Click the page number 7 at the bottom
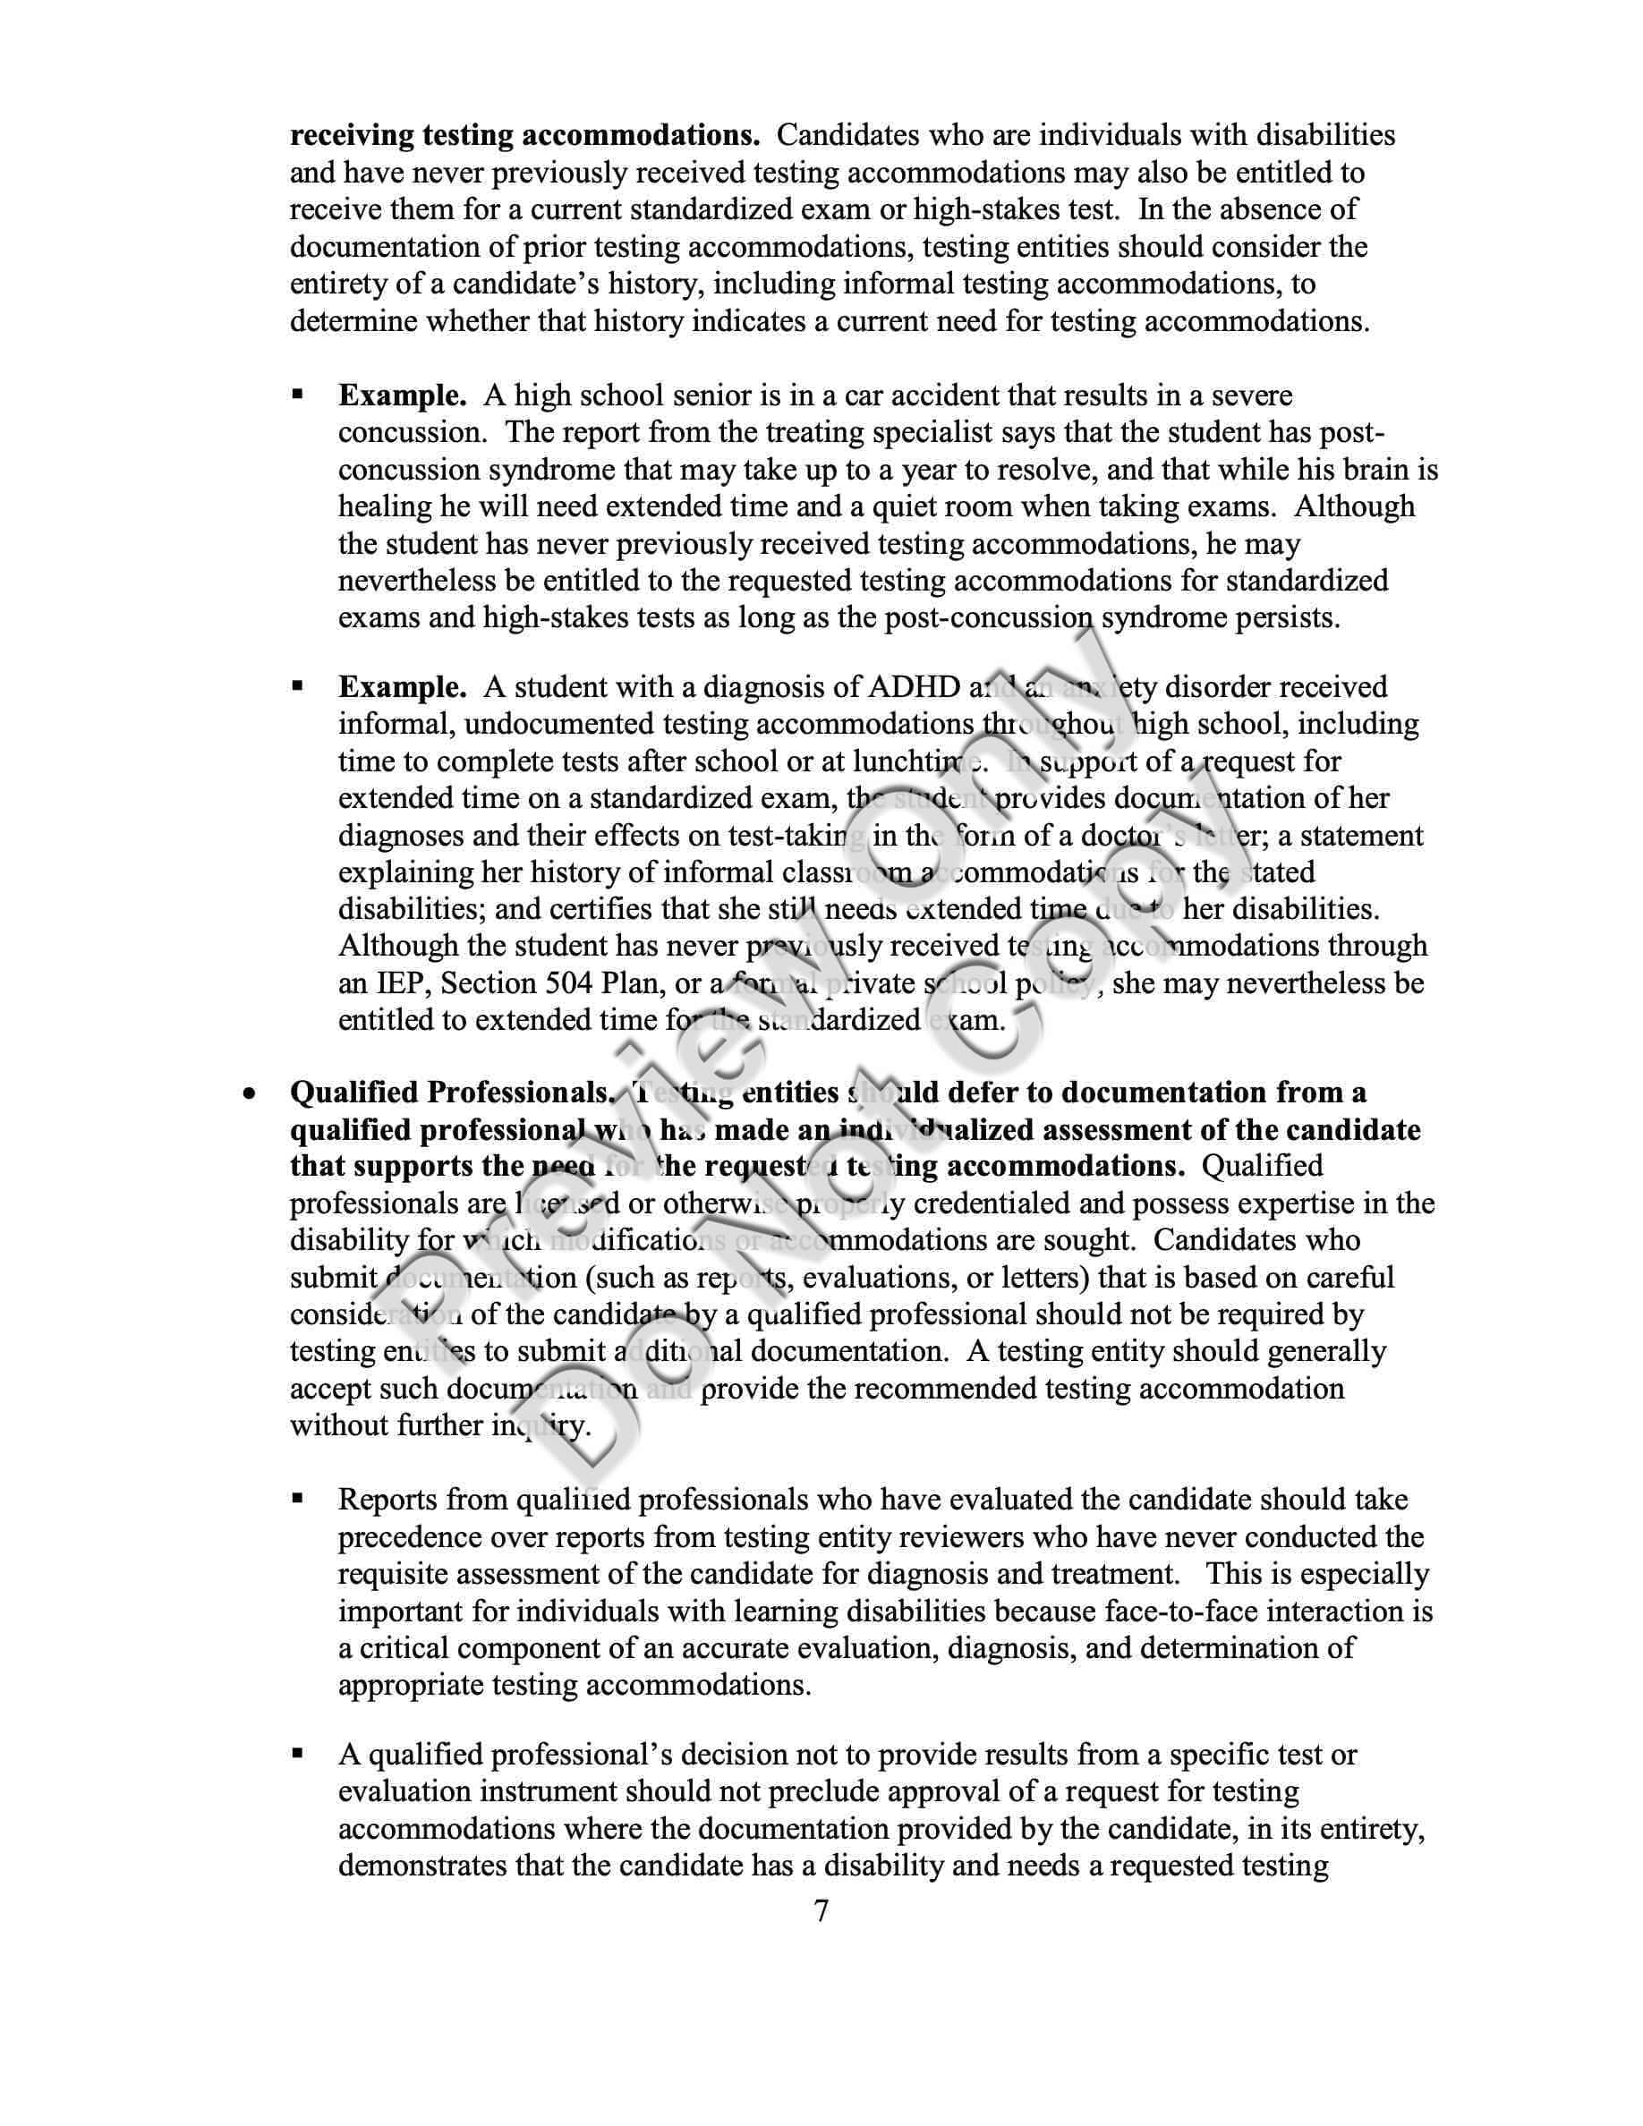(x=821, y=1911)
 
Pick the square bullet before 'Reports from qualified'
(x=299, y=1500)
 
